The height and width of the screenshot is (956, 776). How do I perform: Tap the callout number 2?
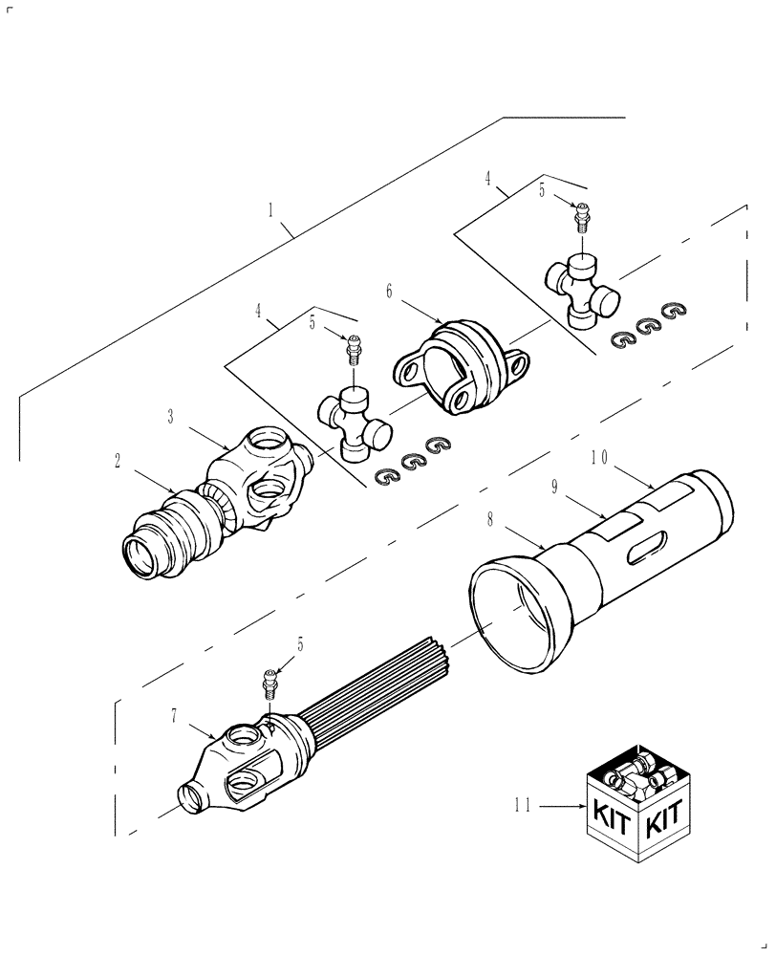[x=117, y=461]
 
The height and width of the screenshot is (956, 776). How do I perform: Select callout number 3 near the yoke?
[x=170, y=416]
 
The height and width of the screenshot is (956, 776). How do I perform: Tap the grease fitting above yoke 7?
[x=269, y=684]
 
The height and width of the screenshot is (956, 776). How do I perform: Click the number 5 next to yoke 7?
[x=300, y=646]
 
